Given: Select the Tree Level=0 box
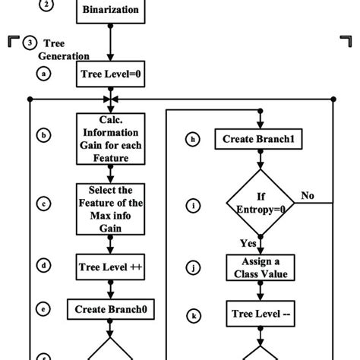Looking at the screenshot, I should click(x=111, y=74).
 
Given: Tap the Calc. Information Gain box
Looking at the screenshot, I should click(x=111, y=137).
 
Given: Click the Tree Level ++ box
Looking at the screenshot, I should click(x=111, y=267).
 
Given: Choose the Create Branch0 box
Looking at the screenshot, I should click(x=111, y=309).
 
